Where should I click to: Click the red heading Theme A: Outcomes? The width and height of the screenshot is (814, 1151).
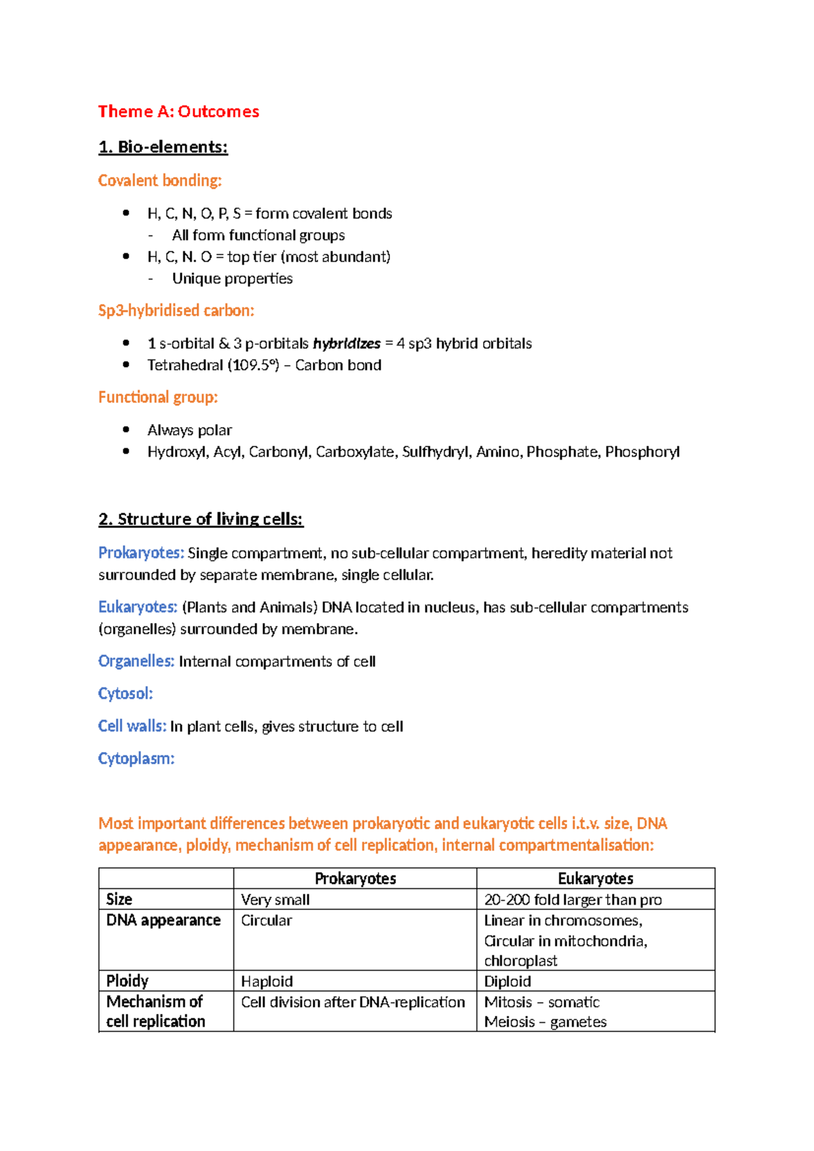(178, 111)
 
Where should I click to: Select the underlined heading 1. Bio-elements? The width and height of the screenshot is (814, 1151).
(163, 147)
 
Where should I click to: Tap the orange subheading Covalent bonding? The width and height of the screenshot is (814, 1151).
(159, 181)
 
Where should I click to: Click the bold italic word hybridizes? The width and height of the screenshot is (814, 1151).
(347, 343)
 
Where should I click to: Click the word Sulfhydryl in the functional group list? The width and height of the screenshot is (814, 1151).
(435, 452)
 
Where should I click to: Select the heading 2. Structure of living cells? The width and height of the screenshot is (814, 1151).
(200, 519)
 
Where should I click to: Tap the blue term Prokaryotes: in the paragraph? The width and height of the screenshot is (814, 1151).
(141, 553)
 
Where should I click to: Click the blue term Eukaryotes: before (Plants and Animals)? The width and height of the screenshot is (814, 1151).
(138, 607)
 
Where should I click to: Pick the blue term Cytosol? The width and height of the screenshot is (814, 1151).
(125, 694)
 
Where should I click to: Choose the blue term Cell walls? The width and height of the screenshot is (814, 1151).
(132, 726)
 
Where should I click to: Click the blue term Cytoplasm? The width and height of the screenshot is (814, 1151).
(136, 759)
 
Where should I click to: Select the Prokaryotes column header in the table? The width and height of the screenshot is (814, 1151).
(355, 879)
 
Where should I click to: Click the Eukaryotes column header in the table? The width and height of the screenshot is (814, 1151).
(595, 879)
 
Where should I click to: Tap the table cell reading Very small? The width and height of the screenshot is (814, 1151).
(275, 900)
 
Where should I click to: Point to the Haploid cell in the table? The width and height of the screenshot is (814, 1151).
(267, 981)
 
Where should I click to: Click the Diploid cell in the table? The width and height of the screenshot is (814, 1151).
(507, 981)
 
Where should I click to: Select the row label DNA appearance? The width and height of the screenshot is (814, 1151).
(163, 920)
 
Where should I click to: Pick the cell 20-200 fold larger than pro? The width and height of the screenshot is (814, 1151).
(573, 900)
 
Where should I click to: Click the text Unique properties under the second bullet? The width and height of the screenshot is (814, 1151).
(232, 279)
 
